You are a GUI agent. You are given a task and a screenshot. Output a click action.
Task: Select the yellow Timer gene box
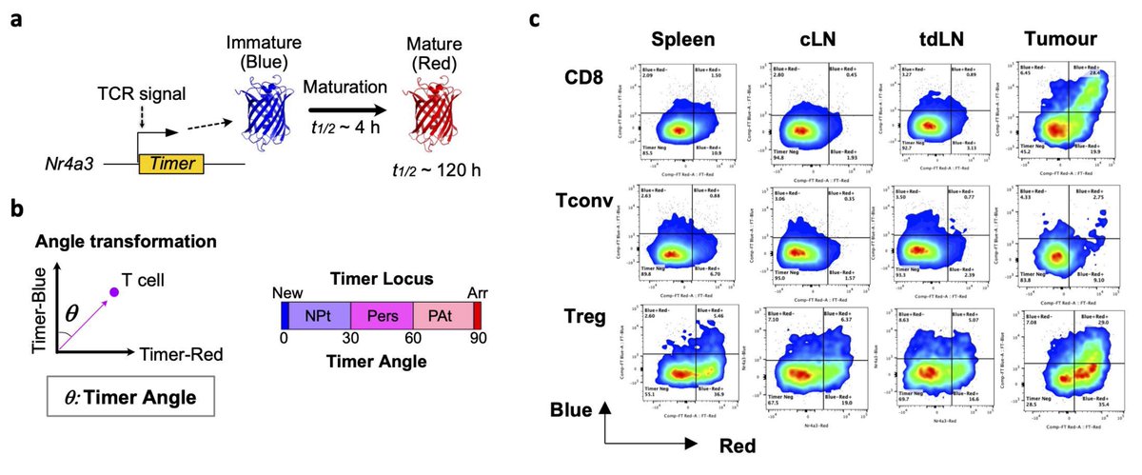point(172,163)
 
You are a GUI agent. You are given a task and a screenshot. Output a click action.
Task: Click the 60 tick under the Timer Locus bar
point(413,339)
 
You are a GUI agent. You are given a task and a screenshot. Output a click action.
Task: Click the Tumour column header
point(1064,41)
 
